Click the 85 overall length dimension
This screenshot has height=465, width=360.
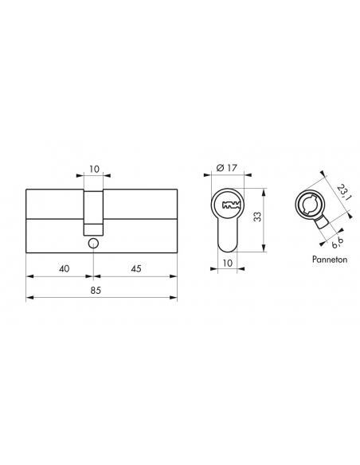pos(96,291)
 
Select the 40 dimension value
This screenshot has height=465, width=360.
pos(64,268)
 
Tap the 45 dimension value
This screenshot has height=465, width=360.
pos(136,268)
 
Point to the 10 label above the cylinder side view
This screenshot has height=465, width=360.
pos(94,170)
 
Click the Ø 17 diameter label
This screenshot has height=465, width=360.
pos(227,168)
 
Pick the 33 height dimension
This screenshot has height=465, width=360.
pos(258,217)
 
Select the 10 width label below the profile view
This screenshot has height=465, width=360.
pos(228,263)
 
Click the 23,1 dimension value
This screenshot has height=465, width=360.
pos(342,193)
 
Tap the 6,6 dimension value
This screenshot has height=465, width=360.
pos(338,243)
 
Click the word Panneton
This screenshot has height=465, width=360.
pos(330,260)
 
